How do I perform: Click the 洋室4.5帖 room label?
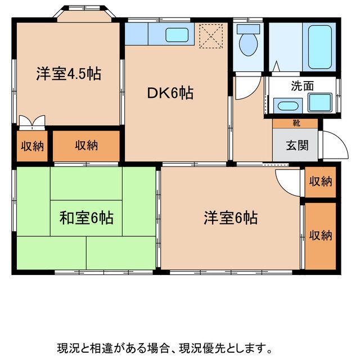tap(69, 74)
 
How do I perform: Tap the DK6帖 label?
tap(170, 93)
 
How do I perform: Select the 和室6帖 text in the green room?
tap(86, 218)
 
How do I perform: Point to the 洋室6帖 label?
tap(231, 218)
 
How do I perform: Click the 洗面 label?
tap(302, 87)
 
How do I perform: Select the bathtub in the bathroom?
tap(321, 45)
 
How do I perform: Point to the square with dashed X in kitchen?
tap(211, 35)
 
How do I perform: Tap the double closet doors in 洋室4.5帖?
tap(31, 121)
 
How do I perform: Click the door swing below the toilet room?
tap(248, 87)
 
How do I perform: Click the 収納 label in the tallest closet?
tap(320, 235)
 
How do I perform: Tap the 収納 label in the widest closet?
tap(86, 146)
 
